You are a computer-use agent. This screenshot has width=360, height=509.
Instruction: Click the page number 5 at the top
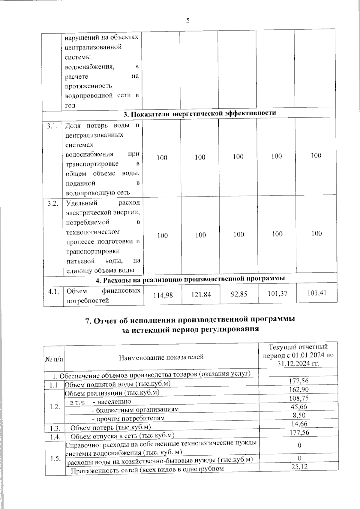click(188, 21)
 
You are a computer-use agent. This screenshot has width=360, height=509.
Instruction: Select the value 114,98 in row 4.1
click(163, 295)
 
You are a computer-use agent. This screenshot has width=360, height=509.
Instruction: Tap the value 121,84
click(201, 295)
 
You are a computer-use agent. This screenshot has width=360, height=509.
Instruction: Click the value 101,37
click(277, 293)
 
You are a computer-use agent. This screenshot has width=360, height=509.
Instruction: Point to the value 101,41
click(317, 293)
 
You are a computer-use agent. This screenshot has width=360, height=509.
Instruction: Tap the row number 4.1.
click(54, 291)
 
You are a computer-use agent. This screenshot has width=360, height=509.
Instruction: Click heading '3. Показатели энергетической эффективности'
click(200, 113)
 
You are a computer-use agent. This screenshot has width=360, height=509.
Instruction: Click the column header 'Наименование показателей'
click(161, 357)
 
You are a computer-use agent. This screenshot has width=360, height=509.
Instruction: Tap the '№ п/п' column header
click(54, 359)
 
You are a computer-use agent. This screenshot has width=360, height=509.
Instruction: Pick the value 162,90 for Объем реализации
click(299, 389)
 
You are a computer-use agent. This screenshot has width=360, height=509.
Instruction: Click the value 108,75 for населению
click(299, 398)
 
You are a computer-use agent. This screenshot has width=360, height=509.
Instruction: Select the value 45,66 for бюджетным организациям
click(299, 407)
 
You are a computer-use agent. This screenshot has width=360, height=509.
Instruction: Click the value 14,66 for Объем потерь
click(299, 424)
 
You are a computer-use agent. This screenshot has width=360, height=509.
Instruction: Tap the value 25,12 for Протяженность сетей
click(299, 466)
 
